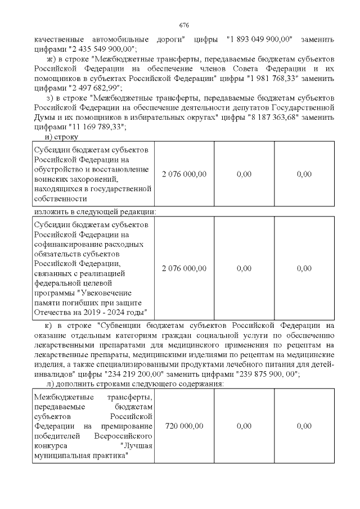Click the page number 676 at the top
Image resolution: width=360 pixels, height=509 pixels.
pos(183,26)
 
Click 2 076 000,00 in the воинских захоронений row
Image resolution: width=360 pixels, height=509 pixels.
pos(184,174)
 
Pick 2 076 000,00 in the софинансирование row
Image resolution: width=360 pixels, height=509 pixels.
pos(184,268)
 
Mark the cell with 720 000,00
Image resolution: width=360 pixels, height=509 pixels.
pos(184,426)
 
